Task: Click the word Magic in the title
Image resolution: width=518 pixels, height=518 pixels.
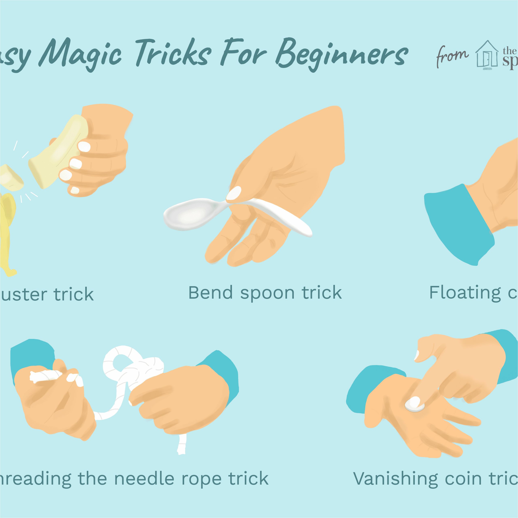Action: [81, 54]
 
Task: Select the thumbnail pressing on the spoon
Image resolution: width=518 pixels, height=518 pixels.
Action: [234, 193]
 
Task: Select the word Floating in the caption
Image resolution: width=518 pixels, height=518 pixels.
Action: [465, 293]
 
